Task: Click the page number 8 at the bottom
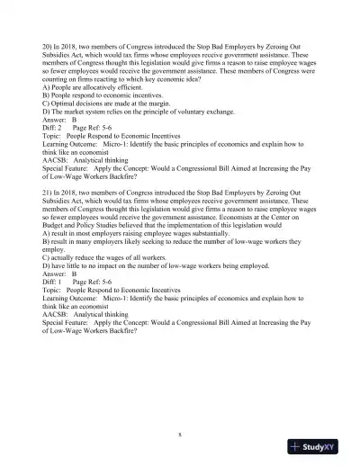pos(180,434)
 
